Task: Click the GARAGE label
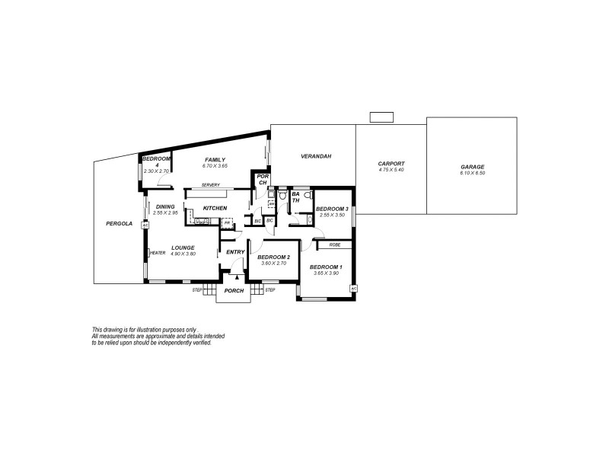point(472,167)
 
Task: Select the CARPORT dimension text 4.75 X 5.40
point(391,170)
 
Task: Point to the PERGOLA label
point(120,224)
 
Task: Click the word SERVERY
point(211,186)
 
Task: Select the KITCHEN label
point(215,208)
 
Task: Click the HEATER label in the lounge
point(158,253)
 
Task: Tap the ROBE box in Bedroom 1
point(335,244)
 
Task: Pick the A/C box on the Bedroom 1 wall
point(353,289)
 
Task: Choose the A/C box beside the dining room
point(145,225)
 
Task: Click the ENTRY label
point(235,252)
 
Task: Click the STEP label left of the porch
point(197,290)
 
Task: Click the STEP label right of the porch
point(270,290)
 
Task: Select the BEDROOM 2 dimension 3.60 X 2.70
point(273,263)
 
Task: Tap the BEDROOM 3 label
point(332,209)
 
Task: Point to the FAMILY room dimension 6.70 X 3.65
point(215,165)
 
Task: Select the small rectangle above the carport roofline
point(381,117)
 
